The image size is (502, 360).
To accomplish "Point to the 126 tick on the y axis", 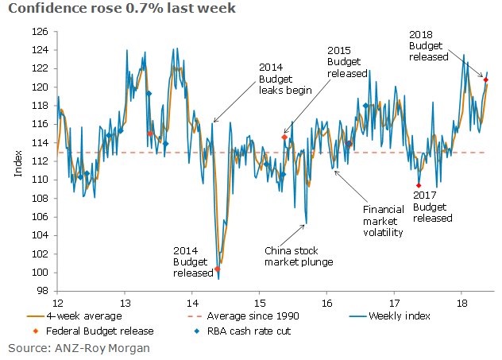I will coord(42,32).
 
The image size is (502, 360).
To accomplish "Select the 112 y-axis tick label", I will coord(42,161).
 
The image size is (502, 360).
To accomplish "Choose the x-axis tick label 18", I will coord(461,303).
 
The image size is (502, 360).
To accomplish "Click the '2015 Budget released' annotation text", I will coord(346,61).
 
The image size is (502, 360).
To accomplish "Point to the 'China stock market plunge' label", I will coord(298,255).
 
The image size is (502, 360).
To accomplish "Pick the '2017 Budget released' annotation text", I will coord(432,207).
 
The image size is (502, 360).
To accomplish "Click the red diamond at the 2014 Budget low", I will coord(218,269).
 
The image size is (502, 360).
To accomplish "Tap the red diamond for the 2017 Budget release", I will coord(419,185).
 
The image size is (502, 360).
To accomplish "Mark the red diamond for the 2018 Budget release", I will coord(485,79).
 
